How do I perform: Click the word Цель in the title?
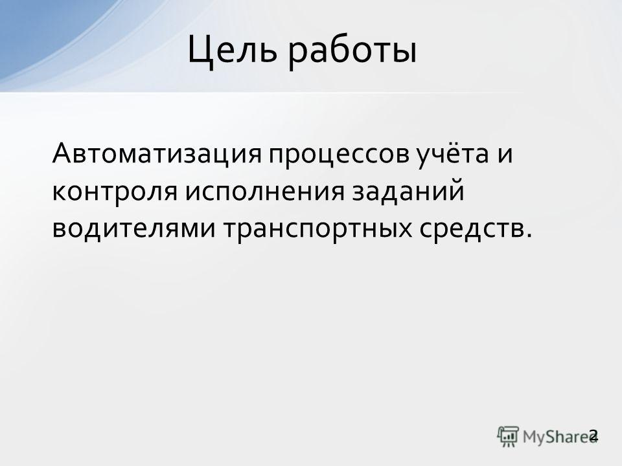232,50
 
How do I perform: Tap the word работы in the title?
352,52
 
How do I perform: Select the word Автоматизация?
157,154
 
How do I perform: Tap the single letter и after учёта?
505,155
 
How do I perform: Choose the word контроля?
114,193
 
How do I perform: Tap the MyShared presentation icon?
508,437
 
